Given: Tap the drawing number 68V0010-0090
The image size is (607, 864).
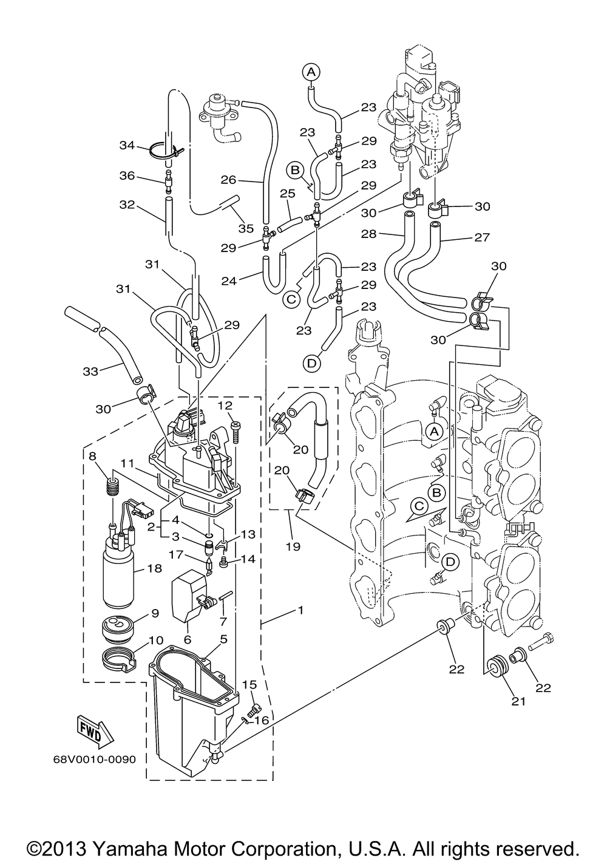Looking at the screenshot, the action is coord(95,760).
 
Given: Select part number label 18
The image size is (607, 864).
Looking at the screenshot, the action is coord(154,568).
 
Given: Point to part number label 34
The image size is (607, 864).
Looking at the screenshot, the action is coord(127,145).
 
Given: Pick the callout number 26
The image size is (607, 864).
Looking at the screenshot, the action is coord(229,180).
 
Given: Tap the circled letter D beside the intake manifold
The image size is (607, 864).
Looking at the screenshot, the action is coord(450,562).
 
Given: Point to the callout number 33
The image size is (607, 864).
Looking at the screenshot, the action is coord(90,372).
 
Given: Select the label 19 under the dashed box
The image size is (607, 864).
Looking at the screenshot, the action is coord(293,546).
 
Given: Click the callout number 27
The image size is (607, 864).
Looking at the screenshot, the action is coord(482,237).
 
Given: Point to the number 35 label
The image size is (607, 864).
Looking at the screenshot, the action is coord(246,228).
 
